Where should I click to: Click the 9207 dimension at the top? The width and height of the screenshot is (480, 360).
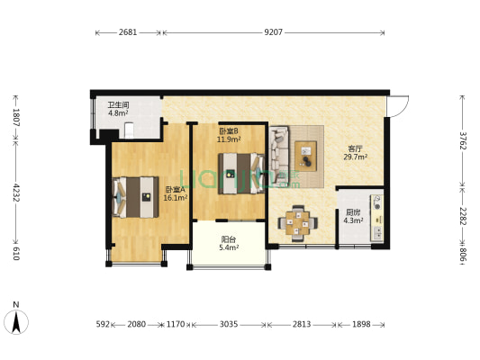(x=274, y=32)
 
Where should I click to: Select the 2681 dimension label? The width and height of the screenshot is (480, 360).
(x=128, y=32)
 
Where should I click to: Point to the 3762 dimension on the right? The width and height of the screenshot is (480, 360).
(x=463, y=140)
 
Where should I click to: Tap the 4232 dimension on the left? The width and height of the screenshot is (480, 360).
(x=16, y=193)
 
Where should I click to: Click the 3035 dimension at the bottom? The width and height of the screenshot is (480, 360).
(x=229, y=324)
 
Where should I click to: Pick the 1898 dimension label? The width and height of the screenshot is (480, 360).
(x=361, y=324)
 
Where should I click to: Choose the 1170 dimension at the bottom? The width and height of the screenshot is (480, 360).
(x=176, y=324)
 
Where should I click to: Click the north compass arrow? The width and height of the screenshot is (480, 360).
(x=16, y=322)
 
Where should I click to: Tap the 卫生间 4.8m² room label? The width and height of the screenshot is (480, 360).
(x=118, y=109)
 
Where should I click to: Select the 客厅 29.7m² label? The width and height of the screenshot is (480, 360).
(x=355, y=153)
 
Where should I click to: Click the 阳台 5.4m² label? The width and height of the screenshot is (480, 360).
(x=229, y=244)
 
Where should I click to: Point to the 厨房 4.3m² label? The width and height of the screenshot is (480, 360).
(x=353, y=216)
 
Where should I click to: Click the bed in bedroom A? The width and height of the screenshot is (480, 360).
(x=135, y=197)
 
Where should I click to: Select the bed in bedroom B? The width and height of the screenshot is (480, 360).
(x=241, y=174)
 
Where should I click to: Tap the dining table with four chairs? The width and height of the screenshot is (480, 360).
(x=297, y=223)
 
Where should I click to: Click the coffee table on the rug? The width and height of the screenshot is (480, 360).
(x=305, y=156)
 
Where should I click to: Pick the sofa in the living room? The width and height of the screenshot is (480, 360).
(x=279, y=155)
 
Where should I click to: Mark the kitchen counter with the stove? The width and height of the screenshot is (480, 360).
(x=376, y=218)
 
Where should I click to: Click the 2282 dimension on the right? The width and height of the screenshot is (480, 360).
(x=463, y=216)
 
